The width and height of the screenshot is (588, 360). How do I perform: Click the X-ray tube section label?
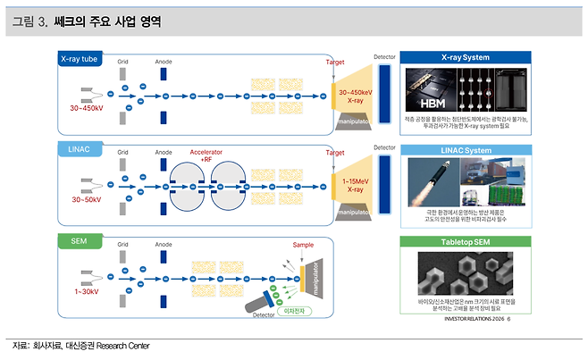point(80,59)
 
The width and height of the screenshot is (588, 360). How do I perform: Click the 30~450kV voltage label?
point(88,109)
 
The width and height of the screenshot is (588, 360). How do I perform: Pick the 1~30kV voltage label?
point(86,290)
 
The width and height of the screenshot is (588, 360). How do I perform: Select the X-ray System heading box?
point(466,57)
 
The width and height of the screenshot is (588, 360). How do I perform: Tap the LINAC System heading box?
point(466,149)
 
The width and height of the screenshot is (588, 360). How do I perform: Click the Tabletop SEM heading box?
point(466,241)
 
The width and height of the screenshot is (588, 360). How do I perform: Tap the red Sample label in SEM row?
point(304,245)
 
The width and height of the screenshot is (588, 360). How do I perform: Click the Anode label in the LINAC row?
point(164,153)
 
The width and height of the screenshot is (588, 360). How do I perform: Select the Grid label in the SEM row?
point(123,244)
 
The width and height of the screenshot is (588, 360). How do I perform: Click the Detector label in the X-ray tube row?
point(384,56)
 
